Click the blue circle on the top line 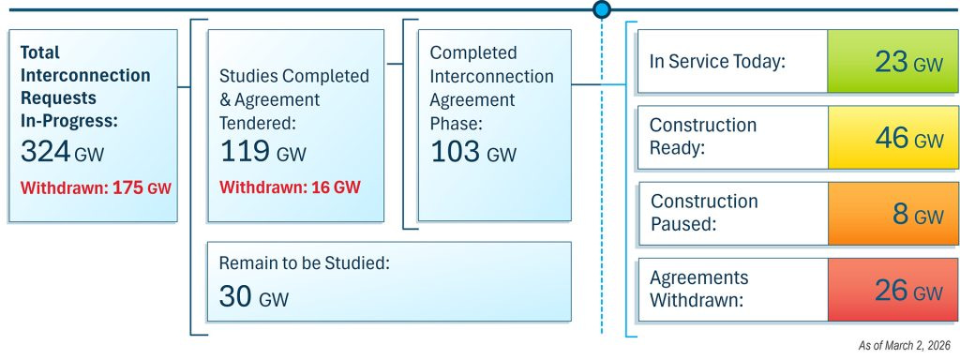601,9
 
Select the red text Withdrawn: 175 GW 95,187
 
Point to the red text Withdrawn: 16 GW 290,187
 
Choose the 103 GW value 473,153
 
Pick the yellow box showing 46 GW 886,138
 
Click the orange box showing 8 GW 886,214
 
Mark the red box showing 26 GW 886,291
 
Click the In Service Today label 717,61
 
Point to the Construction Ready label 703,137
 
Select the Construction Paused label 704,214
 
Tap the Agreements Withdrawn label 699,290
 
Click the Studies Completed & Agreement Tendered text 293,97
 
